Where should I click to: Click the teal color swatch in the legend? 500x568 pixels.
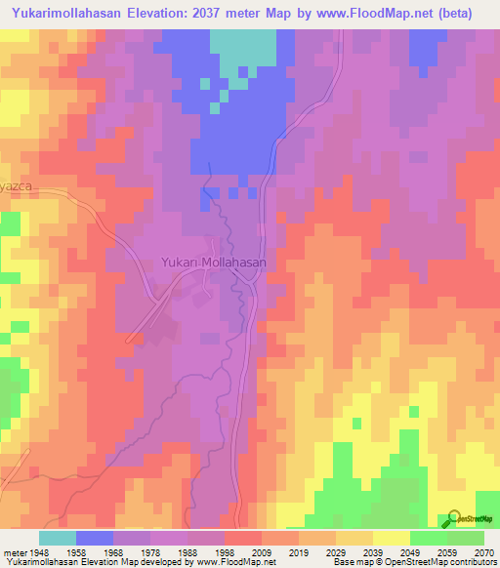pyautogui.click(x=57, y=538)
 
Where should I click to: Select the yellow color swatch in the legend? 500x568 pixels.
pyautogui.click(x=391, y=538)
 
